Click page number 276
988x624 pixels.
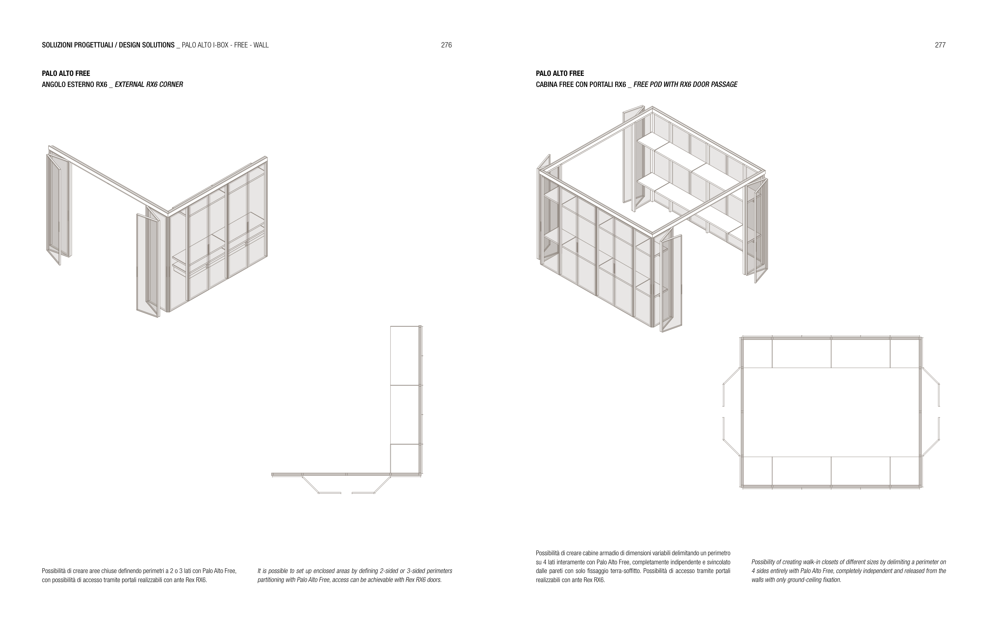point(446,45)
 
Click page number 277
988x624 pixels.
point(940,45)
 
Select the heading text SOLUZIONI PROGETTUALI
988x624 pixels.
point(77,45)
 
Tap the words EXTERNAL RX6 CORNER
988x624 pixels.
point(149,85)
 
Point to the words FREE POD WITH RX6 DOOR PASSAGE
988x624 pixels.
point(685,85)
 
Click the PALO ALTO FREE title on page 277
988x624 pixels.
point(560,74)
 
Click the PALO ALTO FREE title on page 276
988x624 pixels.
point(66,74)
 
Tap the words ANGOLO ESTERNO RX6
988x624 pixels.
point(74,85)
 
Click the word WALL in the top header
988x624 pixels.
point(261,45)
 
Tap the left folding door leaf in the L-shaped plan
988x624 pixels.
point(321,485)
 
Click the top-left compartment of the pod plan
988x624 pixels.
point(758,353)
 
